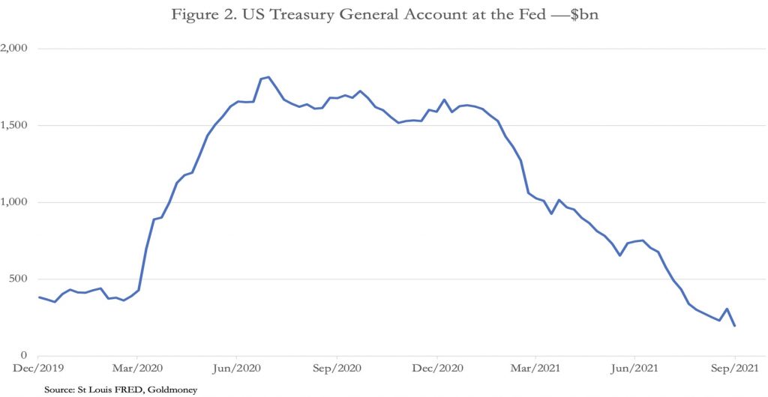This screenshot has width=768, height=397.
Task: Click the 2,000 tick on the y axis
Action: (14, 49)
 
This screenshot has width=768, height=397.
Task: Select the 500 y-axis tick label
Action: (19, 279)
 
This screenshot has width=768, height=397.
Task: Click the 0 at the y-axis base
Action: (24, 356)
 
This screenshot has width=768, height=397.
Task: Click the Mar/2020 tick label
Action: (137, 369)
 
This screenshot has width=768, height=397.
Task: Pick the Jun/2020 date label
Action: (237, 369)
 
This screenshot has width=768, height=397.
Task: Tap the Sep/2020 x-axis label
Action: (337, 369)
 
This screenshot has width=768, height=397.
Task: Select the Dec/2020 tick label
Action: (436, 369)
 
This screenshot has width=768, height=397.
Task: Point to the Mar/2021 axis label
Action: (535, 369)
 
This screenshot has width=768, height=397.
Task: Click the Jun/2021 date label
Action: (634, 369)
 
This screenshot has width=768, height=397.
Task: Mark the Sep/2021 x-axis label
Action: (733, 369)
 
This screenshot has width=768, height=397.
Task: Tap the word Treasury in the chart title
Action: (303, 16)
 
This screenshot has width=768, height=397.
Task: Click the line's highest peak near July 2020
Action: (268, 76)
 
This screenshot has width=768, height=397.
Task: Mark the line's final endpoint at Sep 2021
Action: (734, 325)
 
